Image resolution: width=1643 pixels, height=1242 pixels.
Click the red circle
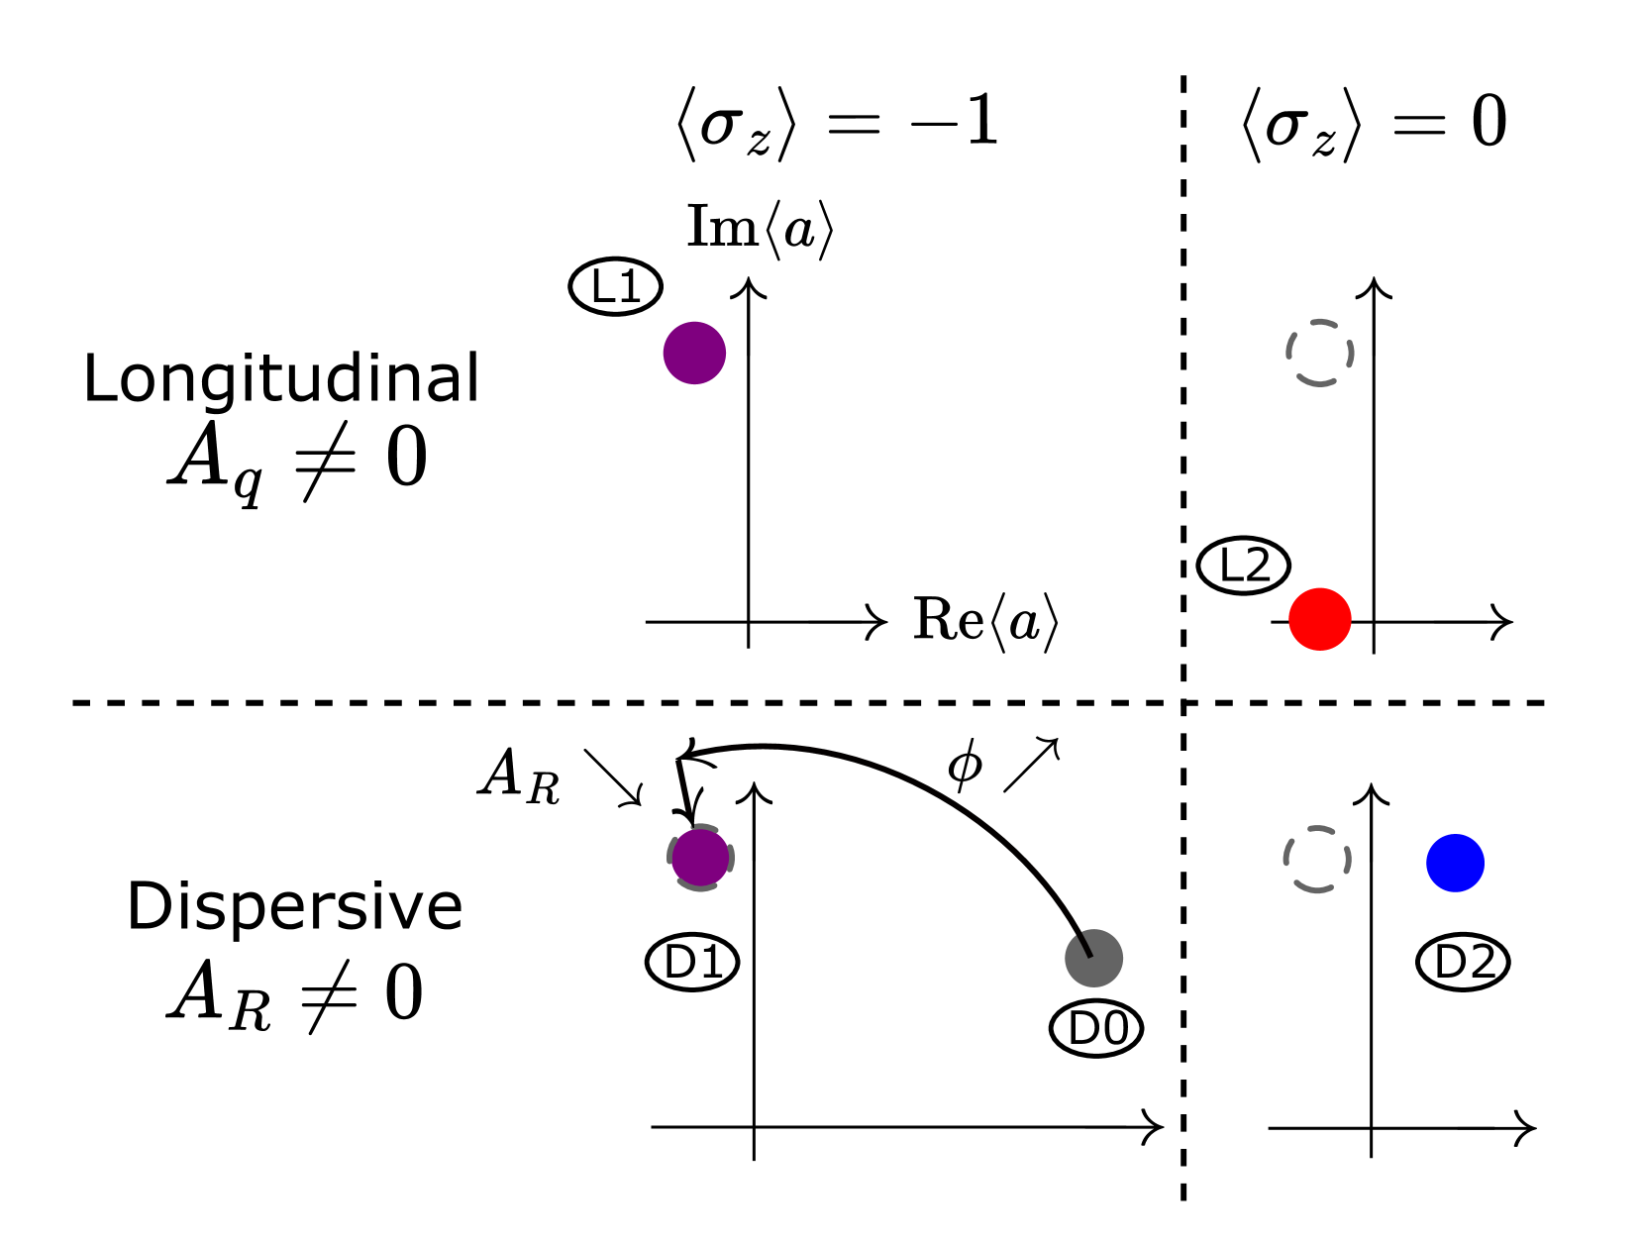(x=1320, y=619)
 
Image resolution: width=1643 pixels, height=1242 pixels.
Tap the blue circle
(x=1455, y=863)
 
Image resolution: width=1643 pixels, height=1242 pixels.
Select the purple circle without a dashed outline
(x=694, y=353)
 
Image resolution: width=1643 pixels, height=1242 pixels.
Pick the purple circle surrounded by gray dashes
(x=700, y=858)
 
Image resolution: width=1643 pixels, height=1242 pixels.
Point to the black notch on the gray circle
(x=1085, y=944)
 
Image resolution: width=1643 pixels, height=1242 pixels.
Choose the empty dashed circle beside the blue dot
(x=1317, y=860)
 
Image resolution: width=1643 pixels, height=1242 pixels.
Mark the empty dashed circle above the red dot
(x=1320, y=353)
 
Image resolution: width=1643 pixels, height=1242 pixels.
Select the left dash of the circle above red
(x=1288, y=353)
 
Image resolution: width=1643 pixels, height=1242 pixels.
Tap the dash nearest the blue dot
(x=1349, y=860)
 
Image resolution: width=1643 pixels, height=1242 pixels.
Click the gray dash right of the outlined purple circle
(x=732, y=858)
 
